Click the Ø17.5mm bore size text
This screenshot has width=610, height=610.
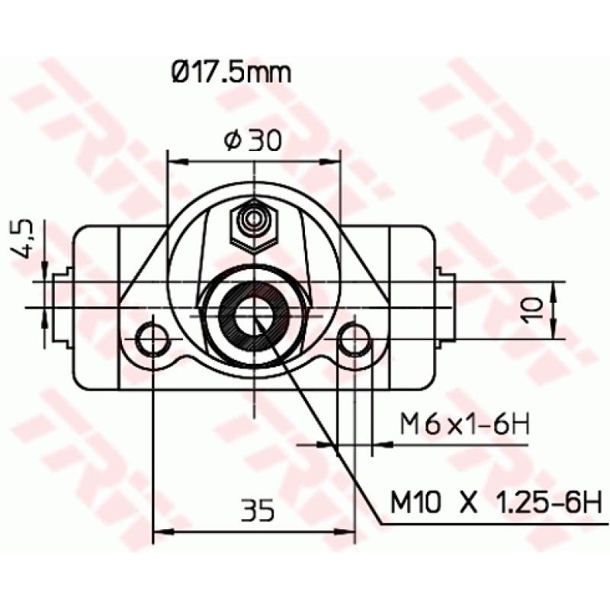pyautogui.click(x=231, y=75)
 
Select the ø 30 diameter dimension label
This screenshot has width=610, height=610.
pyautogui.click(x=254, y=140)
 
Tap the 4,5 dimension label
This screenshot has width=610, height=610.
pyautogui.click(x=24, y=239)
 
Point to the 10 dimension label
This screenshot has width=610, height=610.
pyautogui.click(x=535, y=309)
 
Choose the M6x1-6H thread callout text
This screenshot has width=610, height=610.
pyautogui.click(x=465, y=425)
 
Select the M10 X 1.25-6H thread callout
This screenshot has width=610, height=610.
pyautogui.click(x=496, y=502)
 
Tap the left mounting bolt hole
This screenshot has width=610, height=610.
pyautogui.click(x=152, y=339)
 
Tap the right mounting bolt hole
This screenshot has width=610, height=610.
pyautogui.click(x=355, y=339)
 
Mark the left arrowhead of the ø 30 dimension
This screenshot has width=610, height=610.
pyautogui.click(x=174, y=161)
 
